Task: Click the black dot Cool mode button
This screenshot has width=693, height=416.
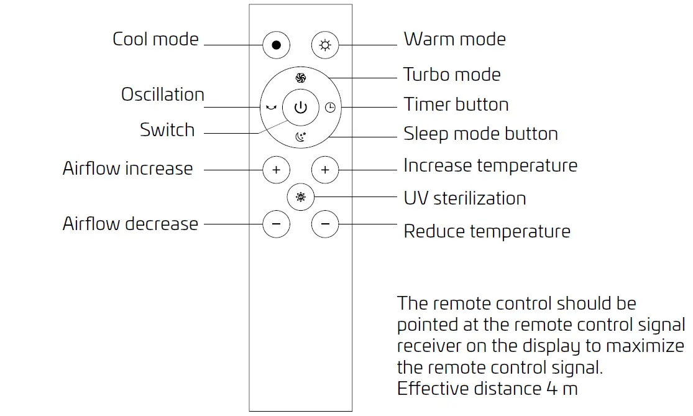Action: (x=277, y=45)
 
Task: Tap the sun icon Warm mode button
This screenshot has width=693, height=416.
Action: (x=325, y=45)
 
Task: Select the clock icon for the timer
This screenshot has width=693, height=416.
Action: (x=330, y=108)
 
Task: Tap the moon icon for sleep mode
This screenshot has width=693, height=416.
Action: (x=301, y=137)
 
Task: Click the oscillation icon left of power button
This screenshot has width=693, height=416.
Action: (x=271, y=108)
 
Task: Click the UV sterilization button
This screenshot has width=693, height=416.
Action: (x=301, y=197)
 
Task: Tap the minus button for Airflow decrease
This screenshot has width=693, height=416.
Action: (x=277, y=224)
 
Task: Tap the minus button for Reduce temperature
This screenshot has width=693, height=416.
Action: (x=325, y=224)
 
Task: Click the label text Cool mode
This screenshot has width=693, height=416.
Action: (x=155, y=39)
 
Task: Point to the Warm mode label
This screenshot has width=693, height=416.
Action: (x=454, y=39)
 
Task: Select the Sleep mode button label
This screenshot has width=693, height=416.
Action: (x=480, y=134)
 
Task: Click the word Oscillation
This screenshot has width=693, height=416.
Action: (x=163, y=95)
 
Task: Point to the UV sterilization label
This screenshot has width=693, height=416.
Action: (x=464, y=198)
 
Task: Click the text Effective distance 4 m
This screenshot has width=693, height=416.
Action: (x=487, y=389)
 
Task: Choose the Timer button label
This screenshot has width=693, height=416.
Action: (x=456, y=104)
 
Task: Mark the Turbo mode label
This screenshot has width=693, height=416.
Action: (x=452, y=75)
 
